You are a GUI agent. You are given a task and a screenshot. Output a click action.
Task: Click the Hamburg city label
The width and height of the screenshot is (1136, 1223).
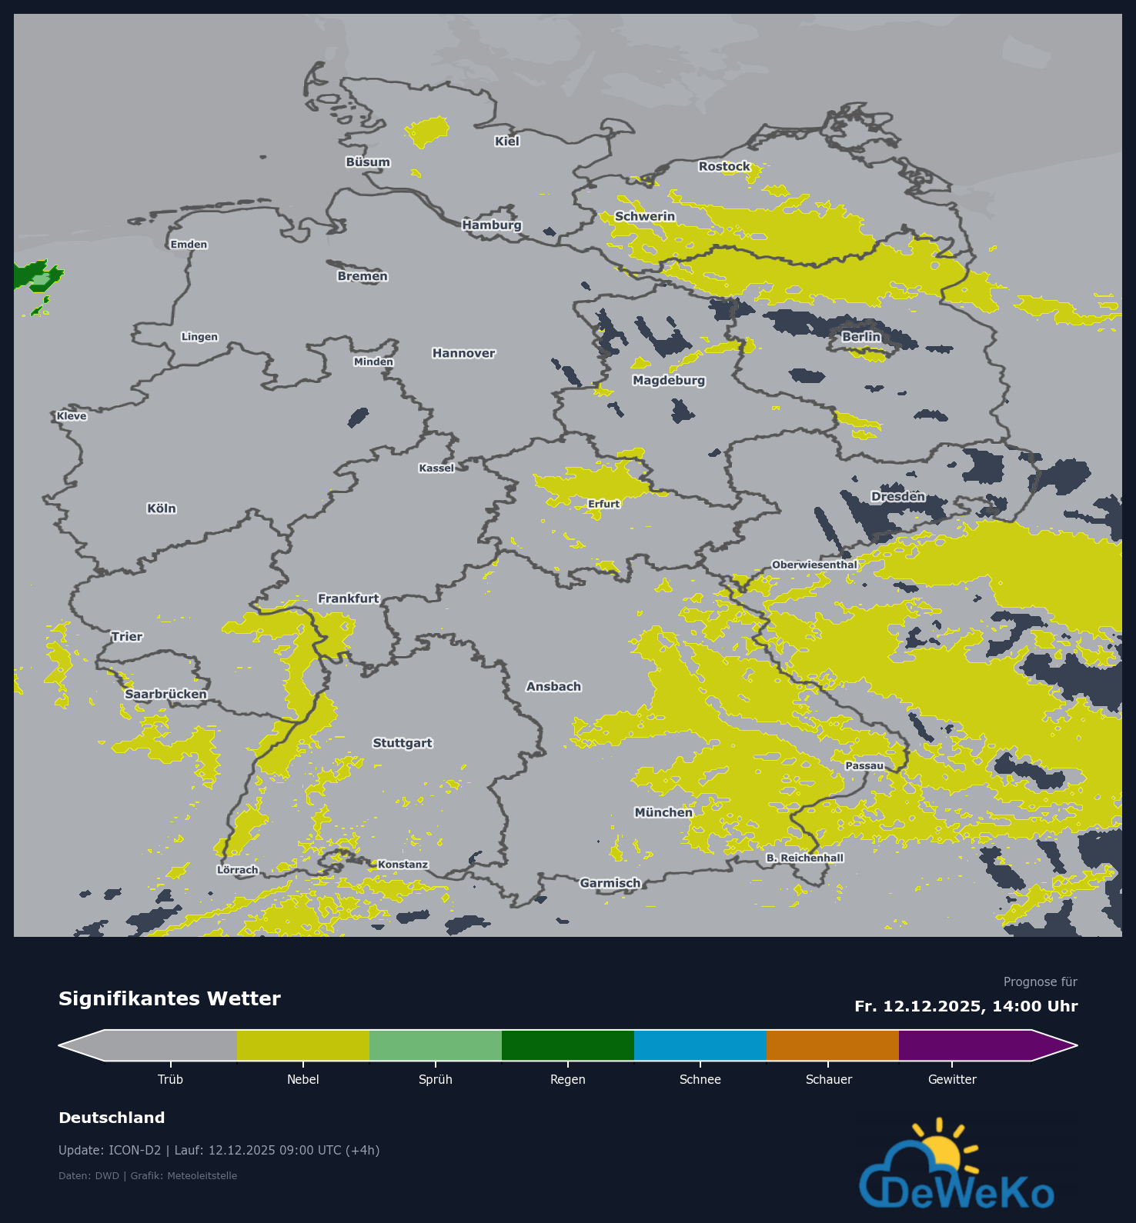click(492, 225)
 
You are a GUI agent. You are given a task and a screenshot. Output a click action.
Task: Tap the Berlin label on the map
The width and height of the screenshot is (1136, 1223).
click(860, 337)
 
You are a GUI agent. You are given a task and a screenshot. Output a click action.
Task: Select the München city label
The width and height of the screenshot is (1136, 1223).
click(663, 812)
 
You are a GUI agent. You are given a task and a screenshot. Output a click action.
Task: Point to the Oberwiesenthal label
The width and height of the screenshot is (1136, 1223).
click(814, 565)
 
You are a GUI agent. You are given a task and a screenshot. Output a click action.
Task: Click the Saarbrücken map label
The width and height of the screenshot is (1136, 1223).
click(165, 694)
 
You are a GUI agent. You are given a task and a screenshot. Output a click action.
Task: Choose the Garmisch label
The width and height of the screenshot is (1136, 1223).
click(610, 883)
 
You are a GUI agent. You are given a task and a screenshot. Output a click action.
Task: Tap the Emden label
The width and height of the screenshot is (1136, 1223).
click(189, 245)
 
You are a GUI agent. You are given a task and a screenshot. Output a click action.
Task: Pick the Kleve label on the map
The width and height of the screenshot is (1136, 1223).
click(72, 416)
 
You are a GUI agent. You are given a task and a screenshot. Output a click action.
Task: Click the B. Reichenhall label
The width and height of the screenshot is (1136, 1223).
click(804, 858)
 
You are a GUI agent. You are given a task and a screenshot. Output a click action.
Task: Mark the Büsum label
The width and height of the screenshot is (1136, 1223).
click(368, 162)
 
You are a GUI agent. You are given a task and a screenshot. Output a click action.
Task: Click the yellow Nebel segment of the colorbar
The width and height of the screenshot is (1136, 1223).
click(302, 1045)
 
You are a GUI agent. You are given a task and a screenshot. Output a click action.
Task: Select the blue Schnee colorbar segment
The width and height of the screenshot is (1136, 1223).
click(700, 1045)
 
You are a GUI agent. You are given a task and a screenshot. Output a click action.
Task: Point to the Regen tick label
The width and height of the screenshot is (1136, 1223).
click(568, 1079)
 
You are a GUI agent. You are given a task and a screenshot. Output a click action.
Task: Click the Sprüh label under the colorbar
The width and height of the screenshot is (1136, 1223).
click(436, 1079)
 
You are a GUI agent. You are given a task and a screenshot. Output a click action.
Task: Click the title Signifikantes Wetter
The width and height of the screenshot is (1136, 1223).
click(169, 998)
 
